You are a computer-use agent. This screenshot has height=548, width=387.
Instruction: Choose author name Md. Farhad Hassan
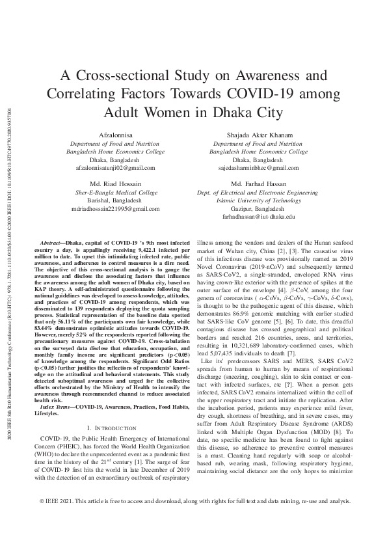coord(259,184)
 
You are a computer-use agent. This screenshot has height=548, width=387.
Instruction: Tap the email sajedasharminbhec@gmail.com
coord(259,167)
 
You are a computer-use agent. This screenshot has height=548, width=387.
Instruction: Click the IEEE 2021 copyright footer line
coord(193,521)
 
